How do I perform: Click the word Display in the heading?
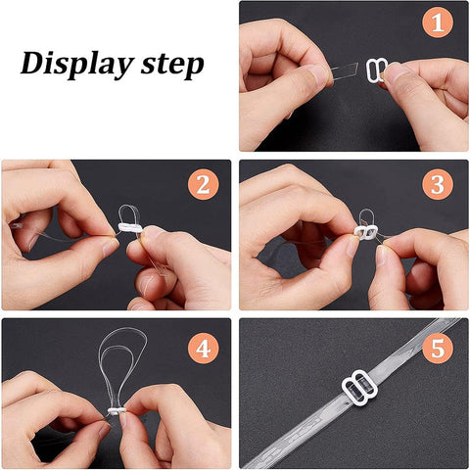click(x=77, y=65)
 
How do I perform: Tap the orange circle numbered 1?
click(x=438, y=23)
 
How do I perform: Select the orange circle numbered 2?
click(x=203, y=184)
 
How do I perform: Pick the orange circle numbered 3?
click(x=438, y=184)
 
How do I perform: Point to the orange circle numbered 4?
click(x=203, y=349)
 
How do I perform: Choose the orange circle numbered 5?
click(x=438, y=349)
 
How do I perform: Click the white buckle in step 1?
click(x=375, y=70)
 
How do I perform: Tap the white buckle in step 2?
click(x=129, y=227)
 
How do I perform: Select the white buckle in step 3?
click(x=365, y=231)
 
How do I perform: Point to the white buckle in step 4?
click(x=116, y=410)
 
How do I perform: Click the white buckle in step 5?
click(x=359, y=387)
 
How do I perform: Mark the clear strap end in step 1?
click(x=345, y=71)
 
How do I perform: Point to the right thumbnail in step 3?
click(x=381, y=255)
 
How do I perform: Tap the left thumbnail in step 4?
click(x=104, y=430)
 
